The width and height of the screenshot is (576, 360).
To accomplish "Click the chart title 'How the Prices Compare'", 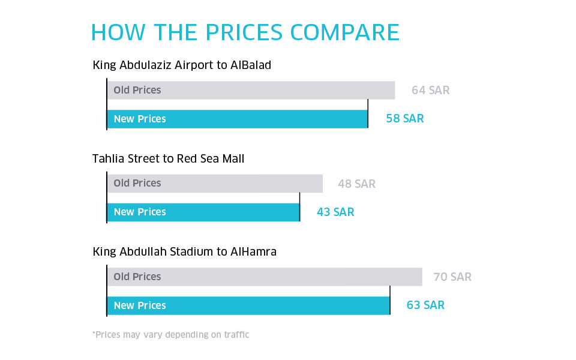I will (x=245, y=32).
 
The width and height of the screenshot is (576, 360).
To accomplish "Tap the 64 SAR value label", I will (x=430, y=91).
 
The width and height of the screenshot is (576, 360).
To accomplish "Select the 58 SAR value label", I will (x=404, y=119).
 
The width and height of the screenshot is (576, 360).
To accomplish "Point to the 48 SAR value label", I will (x=356, y=184).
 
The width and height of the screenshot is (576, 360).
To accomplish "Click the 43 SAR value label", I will (x=335, y=212).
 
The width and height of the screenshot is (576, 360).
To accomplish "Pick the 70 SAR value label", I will (x=452, y=277).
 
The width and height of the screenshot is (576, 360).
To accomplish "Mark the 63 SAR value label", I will (x=425, y=305).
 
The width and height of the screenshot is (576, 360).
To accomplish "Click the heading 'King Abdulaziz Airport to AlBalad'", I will (x=182, y=65).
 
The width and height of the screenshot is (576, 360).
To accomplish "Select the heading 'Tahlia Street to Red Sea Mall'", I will (x=168, y=159).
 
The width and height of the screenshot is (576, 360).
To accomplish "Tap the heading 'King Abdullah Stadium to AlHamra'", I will (x=184, y=252).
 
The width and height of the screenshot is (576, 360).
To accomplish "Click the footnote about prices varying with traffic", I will (x=170, y=335).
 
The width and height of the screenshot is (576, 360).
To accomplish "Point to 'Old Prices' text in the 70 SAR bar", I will (x=137, y=277).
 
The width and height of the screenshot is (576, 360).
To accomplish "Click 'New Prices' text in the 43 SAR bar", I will (x=140, y=212).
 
